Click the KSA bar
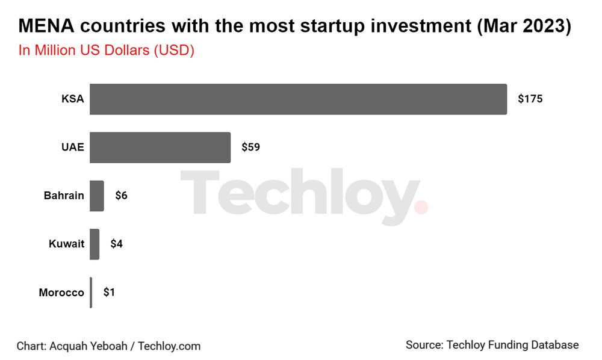tap(298, 99)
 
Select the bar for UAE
tap(160, 147)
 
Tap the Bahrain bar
tap(97, 196)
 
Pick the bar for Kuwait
tap(95, 244)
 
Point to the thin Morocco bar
tap(91, 293)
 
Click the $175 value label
tap(530, 99)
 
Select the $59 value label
tap(250, 147)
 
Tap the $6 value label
tap(121, 196)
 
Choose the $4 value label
tap(116, 244)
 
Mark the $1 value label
tap(109, 293)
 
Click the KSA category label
tap(73, 99)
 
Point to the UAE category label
tap(72, 147)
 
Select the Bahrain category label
tap(64, 196)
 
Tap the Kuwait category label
tap(66, 244)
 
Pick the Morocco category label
tap(61, 293)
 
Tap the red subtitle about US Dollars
tap(106, 51)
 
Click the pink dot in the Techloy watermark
tap(421, 208)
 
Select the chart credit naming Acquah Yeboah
tap(108, 346)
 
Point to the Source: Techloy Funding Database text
tap(492, 345)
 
